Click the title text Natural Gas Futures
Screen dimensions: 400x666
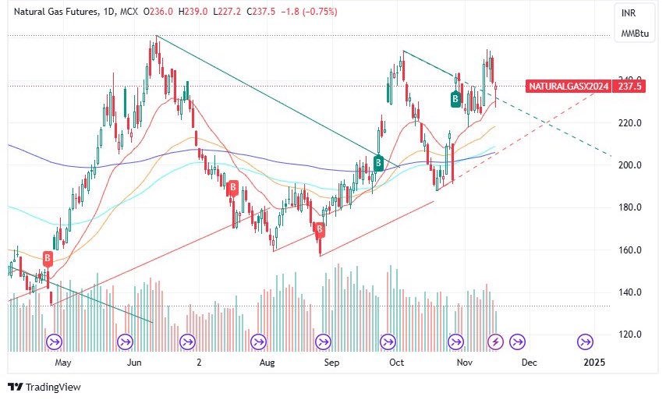click(x=51, y=12)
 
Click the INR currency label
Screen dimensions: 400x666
click(x=627, y=13)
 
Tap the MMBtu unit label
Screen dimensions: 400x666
click(x=631, y=34)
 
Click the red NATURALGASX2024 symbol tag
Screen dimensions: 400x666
click(x=567, y=87)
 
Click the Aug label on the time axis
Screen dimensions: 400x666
click(x=267, y=363)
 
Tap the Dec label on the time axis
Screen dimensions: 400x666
click(x=529, y=363)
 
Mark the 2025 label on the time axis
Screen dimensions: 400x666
click(x=594, y=363)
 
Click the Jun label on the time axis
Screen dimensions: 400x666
click(x=133, y=363)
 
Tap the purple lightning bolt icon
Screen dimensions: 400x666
click(x=494, y=342)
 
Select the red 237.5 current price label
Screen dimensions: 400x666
click(x=629, y=87)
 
